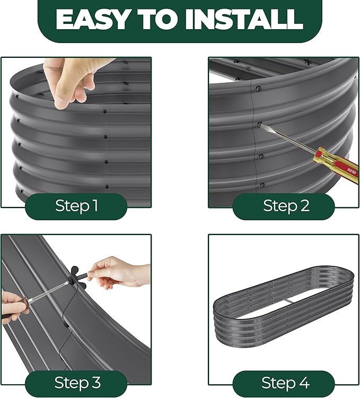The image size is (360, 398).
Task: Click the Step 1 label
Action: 76,205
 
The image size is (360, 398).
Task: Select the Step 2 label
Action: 286,205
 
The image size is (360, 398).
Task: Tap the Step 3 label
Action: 77,382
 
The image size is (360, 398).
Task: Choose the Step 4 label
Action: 285,382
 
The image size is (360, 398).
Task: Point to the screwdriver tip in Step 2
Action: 260,124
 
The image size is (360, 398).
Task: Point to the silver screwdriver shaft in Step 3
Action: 48,292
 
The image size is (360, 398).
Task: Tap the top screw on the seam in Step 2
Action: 258,89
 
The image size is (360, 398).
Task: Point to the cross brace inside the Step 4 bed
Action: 289,301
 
